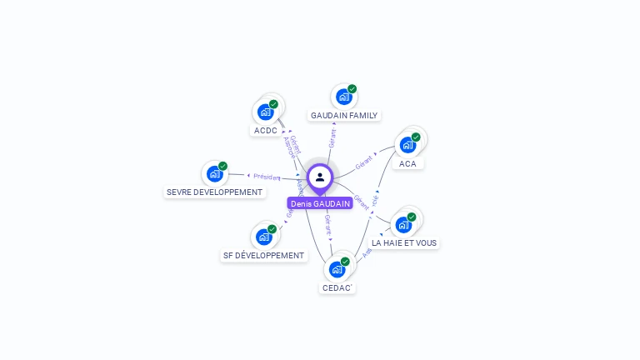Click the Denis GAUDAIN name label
pyautogui.click(x=320, y=203)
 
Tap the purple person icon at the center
pyautogui.click(x=320, y=177)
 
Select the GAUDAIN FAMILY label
pyautogui.click(x=344, y=115)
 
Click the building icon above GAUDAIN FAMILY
pyautogui.click(x=344, y=97)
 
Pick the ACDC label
pyautogui.click(x=266, y=130)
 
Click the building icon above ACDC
pyautogui.click(x=266, y=112)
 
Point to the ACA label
pyautogui.click(x=407, y=163)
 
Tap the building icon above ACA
pyautogui.click(x=407, y=144)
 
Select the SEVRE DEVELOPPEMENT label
pyautogui.click(x=215, y=192)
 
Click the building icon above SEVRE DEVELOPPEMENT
pyautogui.click(x=215, y=173)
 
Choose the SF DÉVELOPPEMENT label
pyautogui.click(x=264, y=255)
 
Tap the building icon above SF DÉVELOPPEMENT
pyautogui.click(x=264, y=236)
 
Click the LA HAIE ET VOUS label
pyautogui.click(x=404, y=242)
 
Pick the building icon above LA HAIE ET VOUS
pyautogui.click(x=404, y=223)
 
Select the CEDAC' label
pyautogui.click(x=337, y=287)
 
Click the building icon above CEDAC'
pyautogui.click(x=337, y=268)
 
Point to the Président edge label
pyautogui.click(x=267, y=177)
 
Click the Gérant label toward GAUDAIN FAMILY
pyautogui.click(x=332, y=138)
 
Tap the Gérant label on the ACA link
pyautogui.click(x=363, y=162)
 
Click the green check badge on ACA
pyautogui.click(x=416, y=137)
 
